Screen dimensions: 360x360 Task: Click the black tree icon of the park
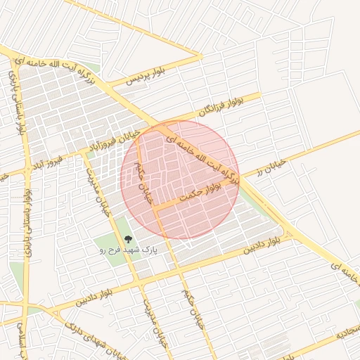[x=127, y=240]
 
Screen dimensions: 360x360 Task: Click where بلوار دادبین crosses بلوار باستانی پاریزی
[x=29, y=311]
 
